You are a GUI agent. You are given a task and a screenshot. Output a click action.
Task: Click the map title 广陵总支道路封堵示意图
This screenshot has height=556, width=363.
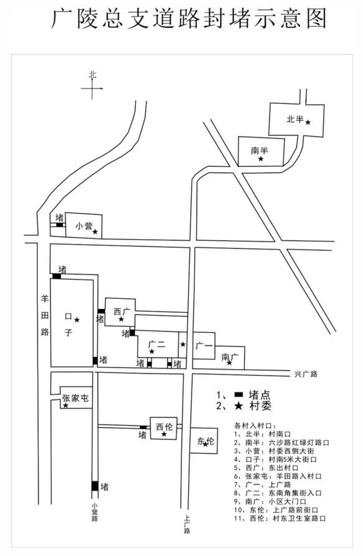189,18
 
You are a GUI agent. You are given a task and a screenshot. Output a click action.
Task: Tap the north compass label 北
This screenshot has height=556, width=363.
93,75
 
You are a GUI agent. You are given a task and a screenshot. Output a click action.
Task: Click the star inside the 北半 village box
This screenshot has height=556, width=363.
308,122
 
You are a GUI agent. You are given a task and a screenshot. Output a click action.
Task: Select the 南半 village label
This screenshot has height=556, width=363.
260,151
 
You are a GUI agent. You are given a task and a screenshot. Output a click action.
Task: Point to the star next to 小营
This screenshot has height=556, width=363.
95,232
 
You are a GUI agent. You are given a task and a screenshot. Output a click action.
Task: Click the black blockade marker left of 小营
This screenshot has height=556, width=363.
60,225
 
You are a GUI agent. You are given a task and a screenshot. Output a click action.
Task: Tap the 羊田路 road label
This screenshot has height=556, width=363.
45,315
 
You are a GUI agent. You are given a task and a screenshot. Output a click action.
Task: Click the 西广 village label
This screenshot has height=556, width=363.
122,312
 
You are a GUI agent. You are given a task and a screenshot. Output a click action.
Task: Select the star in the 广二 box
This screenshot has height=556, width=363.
152,351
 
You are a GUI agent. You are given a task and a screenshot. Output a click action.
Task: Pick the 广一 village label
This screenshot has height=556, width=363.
204,346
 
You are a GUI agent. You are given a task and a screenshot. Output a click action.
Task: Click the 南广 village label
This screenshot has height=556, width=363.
230,357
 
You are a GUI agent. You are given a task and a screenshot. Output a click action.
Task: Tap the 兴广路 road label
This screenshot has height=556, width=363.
306,374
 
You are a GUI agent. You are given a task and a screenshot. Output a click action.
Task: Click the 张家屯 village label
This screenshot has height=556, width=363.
75,398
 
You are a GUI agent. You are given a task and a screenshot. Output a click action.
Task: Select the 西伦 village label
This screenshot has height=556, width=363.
164,426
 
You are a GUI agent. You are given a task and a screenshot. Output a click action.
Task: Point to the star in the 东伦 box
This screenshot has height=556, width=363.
205,444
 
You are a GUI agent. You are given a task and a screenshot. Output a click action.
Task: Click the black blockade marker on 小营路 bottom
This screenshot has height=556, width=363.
95,486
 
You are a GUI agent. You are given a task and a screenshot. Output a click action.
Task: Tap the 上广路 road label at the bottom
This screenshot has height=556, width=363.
187,524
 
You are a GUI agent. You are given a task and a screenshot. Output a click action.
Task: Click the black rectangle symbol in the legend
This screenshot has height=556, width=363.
239,394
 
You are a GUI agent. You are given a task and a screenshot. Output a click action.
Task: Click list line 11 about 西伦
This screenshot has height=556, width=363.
280,519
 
